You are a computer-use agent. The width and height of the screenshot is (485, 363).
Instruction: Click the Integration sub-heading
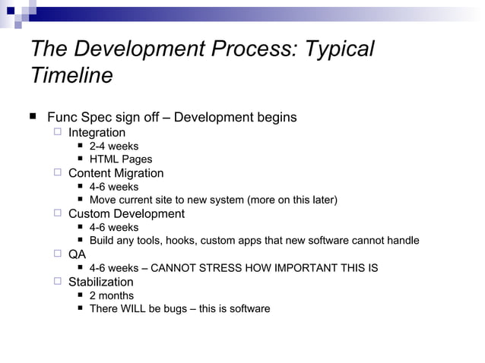click(x=97, y=133)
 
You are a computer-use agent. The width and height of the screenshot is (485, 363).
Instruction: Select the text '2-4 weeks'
click(x=114, y=146)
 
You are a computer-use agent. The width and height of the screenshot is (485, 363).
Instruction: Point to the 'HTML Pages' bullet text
click(x=121, y=159)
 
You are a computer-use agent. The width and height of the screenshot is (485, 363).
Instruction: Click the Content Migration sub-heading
click(x=116, y=173)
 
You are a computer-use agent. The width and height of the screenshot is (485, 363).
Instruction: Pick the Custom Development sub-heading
click(x=126, y=214)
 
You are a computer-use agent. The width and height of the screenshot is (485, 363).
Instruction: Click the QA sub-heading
click(x=77, y=254)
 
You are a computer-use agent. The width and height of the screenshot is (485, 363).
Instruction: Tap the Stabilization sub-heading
click(x=100, y=282)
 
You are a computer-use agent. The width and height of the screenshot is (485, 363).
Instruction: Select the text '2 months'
click(x=112, y=295)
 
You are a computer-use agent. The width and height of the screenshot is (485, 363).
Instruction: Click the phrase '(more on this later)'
click(x=292, y=200)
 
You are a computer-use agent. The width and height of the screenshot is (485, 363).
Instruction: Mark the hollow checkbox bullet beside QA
click(x=58, y=254)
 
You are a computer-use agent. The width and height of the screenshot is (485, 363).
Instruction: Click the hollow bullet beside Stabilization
click(x=58, y=282)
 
